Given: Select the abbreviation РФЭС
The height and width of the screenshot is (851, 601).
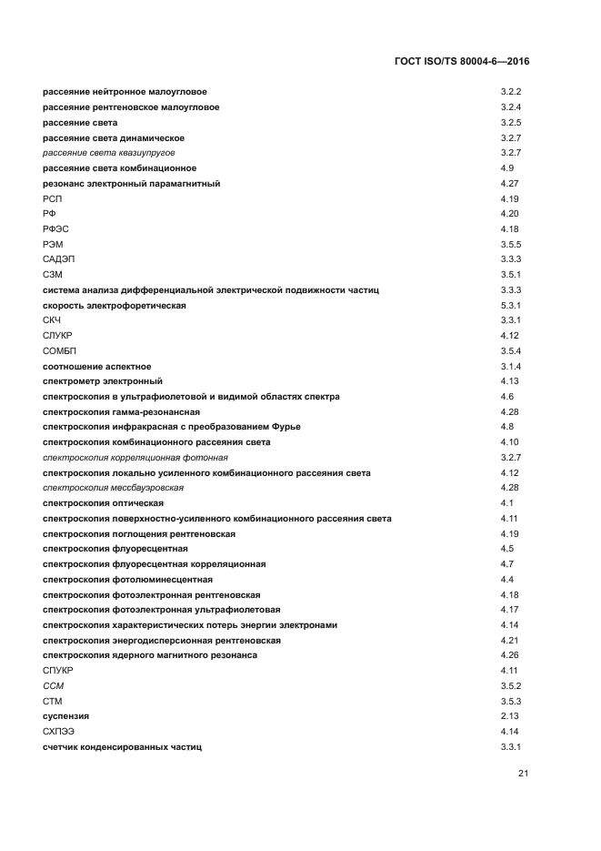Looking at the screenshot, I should (x=55, y=228).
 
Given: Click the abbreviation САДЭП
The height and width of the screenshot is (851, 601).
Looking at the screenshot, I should (x=57, y=259).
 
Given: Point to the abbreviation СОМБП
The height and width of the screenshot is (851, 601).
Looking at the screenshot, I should (x=59, y=350).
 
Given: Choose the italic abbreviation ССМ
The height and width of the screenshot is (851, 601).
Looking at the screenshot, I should (x=53, y=685).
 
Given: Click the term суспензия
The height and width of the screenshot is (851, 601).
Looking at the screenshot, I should (x=65, y=716).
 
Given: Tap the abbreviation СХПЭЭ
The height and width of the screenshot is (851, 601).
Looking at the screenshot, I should (x=59, y=731).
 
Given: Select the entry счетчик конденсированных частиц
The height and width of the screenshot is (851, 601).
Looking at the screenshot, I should (x=122, y=746).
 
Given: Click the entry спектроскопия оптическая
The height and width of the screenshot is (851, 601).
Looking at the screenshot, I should (x=104, y=502).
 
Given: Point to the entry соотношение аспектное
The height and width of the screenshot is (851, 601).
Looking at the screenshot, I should (x=97, y=366).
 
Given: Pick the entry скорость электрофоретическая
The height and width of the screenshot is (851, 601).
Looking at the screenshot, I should (x=114, y=305).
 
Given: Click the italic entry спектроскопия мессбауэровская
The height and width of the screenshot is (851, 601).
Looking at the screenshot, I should (x=106, y=488).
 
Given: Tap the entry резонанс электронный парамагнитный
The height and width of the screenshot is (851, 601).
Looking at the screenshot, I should (x=131, y=183).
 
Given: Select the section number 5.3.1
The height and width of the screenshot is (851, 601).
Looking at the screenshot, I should (x=510, y=305).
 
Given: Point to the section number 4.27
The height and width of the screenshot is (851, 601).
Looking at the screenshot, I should (x=510, y=183).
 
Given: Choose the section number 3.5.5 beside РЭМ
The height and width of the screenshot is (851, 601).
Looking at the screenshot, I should (x=510, y=244).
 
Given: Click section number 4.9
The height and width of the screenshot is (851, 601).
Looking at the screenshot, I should (x=507, y=167).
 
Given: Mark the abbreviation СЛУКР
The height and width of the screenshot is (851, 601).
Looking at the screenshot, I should (x=57, y=335).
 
